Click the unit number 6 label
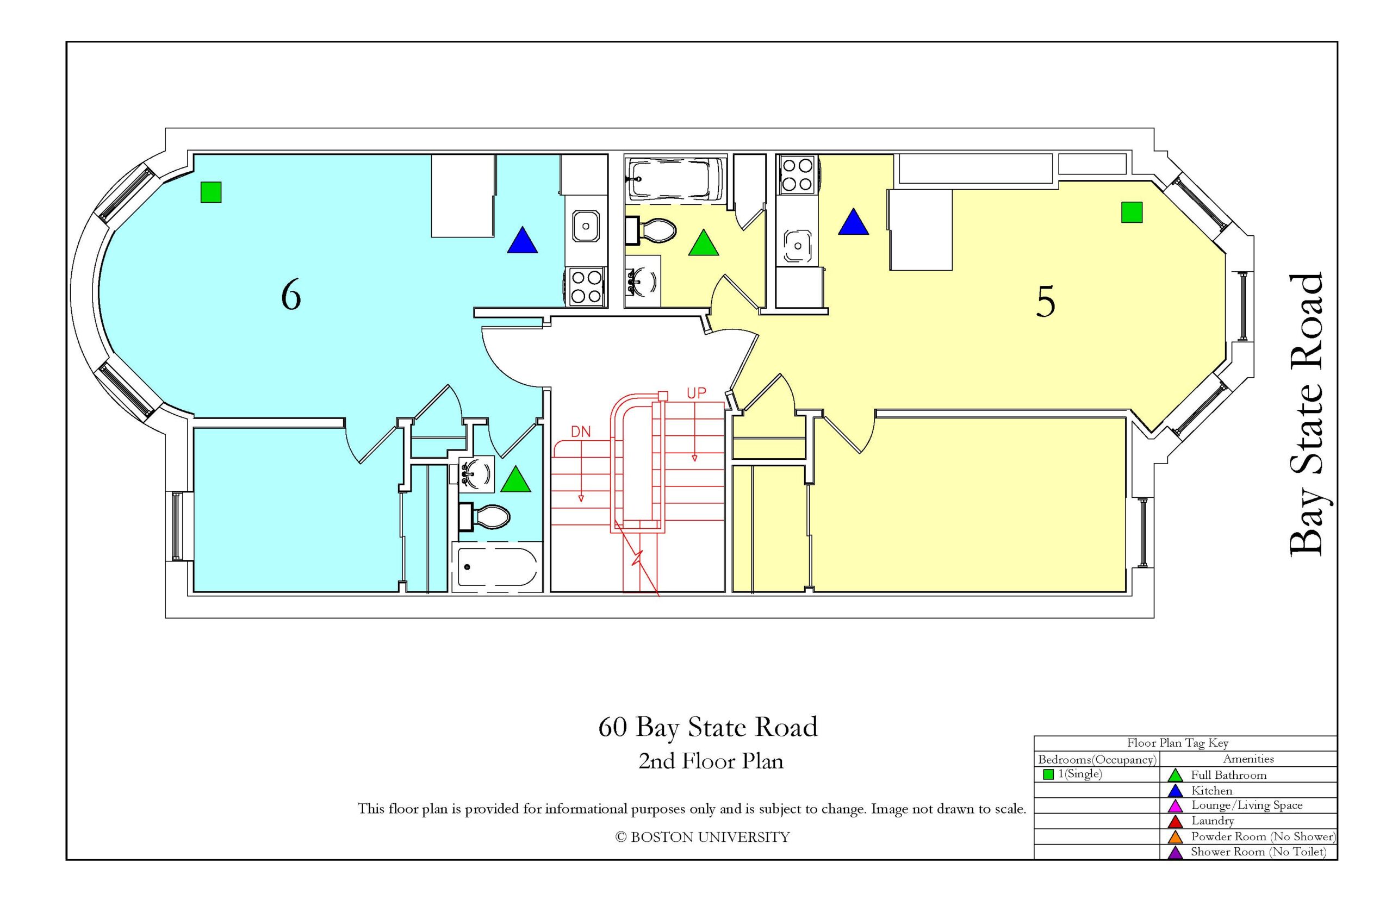[290, 295]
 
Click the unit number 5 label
[1045, 302]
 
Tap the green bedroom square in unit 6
[210, 192]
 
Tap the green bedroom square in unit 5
[1131, 212]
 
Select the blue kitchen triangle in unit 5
[853, 222]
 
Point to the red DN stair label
[581, 432]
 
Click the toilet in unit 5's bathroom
[650, 230]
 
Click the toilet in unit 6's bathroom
[484, 517]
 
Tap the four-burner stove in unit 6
[586, 287]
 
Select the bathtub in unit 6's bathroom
[497, 566]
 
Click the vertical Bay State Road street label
[1305, 414]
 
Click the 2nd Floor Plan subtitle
[710, 761]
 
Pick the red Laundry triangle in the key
[1175, 821]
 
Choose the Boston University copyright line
[702, 837]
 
